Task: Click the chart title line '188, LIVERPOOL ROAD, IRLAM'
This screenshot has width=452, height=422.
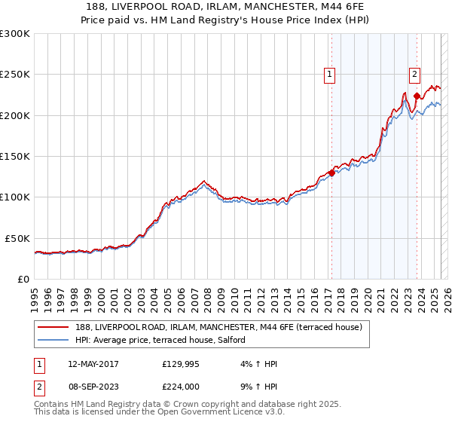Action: tap(225, 5)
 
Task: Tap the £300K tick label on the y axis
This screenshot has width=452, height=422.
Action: tap(15, 34)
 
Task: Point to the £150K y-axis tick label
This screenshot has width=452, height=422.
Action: tap(15, 157)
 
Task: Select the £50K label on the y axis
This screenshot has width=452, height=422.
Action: tap(17, 238)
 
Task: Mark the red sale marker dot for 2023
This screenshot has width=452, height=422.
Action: tap(416, 96)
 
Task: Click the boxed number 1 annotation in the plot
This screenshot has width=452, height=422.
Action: tap(330, 74)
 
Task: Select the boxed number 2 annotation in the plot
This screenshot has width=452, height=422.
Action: tap(414, 74)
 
